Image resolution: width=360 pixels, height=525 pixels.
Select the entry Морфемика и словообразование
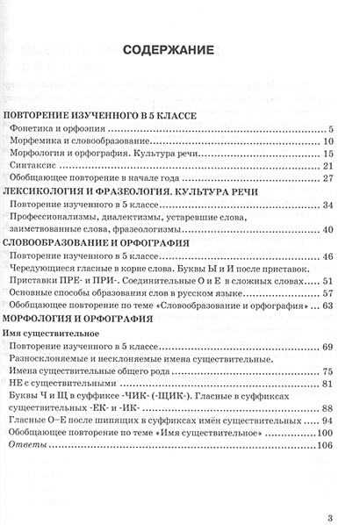click(x=73, y=141)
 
